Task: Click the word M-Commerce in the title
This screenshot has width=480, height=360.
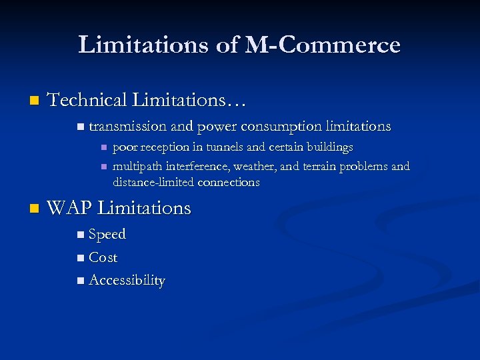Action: (x=323, y=45)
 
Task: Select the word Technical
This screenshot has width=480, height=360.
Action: (x=87, y=101)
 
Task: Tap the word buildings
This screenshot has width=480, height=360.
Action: (x=325, y=147)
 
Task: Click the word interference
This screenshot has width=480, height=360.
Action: (x=197, y=166)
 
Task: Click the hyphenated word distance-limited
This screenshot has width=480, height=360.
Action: (x=154, y=182)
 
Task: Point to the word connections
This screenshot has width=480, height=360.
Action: (x=229, y=182)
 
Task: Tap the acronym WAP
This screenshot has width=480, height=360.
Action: (x=70, y=209)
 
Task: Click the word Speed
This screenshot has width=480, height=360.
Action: (x=107, y=235)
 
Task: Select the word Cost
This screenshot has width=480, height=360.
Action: (x=103, y=257)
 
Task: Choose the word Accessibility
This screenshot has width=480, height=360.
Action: (x=127, y=281)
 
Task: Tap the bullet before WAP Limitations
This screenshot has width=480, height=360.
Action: (x=34, y=209)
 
